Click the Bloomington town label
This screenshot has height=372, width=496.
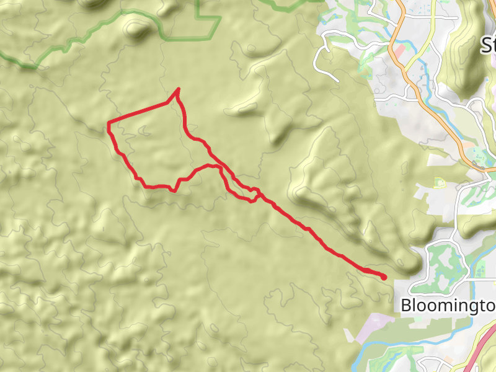(448, 305)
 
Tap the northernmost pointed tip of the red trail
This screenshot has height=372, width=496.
(179, 89)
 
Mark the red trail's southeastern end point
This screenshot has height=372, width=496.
(384, 277)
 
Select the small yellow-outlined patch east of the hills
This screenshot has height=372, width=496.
(440, 182)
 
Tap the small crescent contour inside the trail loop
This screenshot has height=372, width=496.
(144, 130)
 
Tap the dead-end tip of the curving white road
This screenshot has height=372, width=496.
(338, 80)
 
